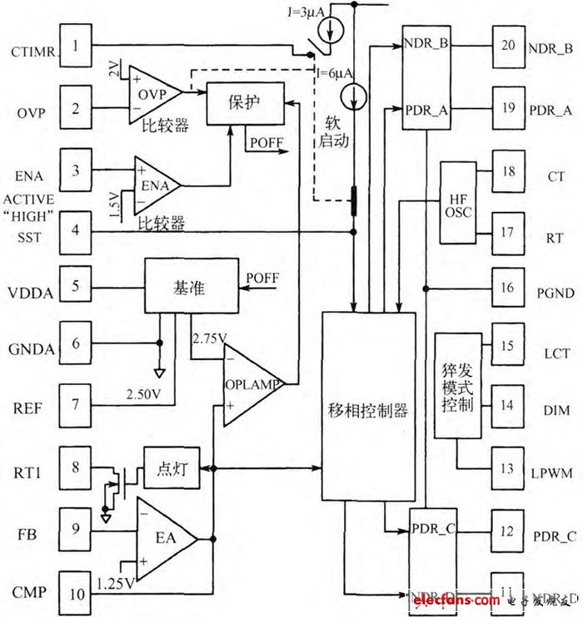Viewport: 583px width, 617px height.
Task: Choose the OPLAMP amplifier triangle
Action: pyautogui.click(x=250, y=384)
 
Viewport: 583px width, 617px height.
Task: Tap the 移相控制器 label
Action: pyautogui.click(x=367, y=411)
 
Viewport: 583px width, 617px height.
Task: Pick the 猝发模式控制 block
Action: pyautogui.click(x=458, y=385)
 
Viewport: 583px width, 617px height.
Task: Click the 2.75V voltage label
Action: pyautogui.click(x=208, y=339)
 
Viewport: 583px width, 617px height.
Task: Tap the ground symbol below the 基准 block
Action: pyautogui.click(x=160, y=373)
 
